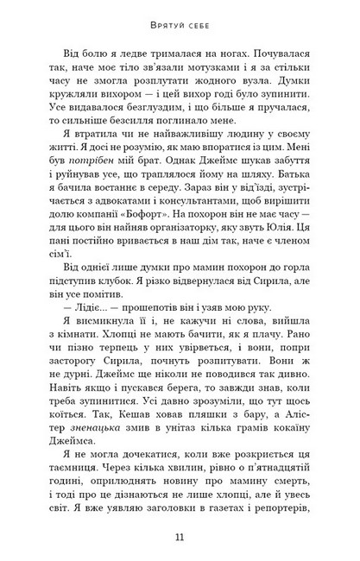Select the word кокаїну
click(274, 432)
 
